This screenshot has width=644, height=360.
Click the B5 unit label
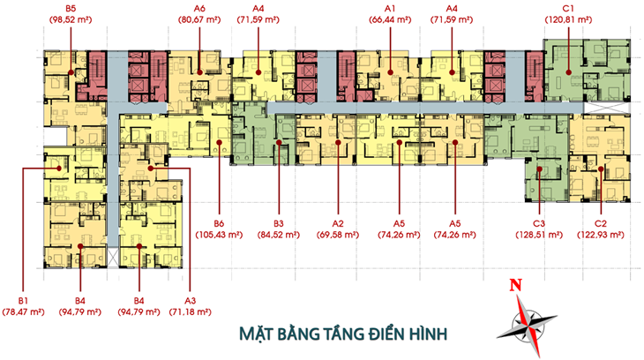point(71,8)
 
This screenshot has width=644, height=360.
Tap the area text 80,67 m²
point(199,19)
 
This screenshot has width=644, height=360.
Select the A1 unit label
point(390,8)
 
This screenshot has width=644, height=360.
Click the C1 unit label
point(568,8)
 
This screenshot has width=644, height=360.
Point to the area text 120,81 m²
point(568,19)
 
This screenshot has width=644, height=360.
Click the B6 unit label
point(219,223)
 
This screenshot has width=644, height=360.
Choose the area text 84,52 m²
point(279,235)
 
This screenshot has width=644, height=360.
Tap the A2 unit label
point(338,223)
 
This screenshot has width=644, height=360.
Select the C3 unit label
point(539,223)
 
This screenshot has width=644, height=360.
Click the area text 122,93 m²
point(601,235)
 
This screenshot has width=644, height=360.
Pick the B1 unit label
point(23,301)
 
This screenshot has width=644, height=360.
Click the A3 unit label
point(191,301)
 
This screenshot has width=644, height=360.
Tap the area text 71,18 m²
point(191,312)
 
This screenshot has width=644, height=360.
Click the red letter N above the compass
point(516,285)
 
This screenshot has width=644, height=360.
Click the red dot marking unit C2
point(601,169)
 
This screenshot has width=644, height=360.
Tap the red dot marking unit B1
point(59,168)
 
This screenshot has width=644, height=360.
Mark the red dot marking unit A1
point(390,72)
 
